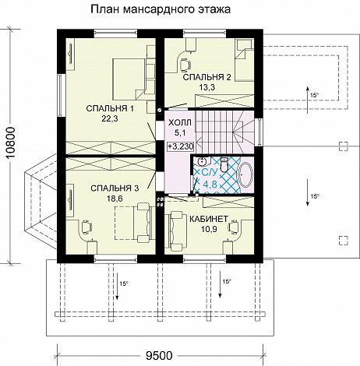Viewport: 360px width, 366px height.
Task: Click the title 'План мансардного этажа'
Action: [161, 9]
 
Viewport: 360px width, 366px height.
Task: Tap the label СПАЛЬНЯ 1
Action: [110, 108]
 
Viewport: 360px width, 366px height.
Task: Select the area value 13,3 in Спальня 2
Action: [207, 87]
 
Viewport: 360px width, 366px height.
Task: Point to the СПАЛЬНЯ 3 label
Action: [115, 188]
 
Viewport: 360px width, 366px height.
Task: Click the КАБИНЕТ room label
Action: [209, 219]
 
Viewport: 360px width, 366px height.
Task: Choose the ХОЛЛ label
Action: [180, 122]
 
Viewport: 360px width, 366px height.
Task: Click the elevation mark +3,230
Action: [181, 146]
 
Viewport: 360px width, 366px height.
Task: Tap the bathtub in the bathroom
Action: [245, 174]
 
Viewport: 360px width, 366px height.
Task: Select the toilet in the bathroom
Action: [224, 164]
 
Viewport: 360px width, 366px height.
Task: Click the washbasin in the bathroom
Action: [202, 161]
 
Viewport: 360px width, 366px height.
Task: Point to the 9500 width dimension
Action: [159, 356]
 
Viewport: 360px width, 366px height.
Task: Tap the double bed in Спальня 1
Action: [129, 79]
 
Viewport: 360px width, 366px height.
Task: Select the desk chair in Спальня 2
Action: [185, 65]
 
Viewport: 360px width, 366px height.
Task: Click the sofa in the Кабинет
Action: [176, 231]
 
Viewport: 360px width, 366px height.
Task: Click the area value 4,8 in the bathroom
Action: [210, 185]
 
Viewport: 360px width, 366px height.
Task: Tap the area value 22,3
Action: [110, 118]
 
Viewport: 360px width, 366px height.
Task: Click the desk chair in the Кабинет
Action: [234, 226]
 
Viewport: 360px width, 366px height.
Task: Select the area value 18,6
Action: [115, 199]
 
